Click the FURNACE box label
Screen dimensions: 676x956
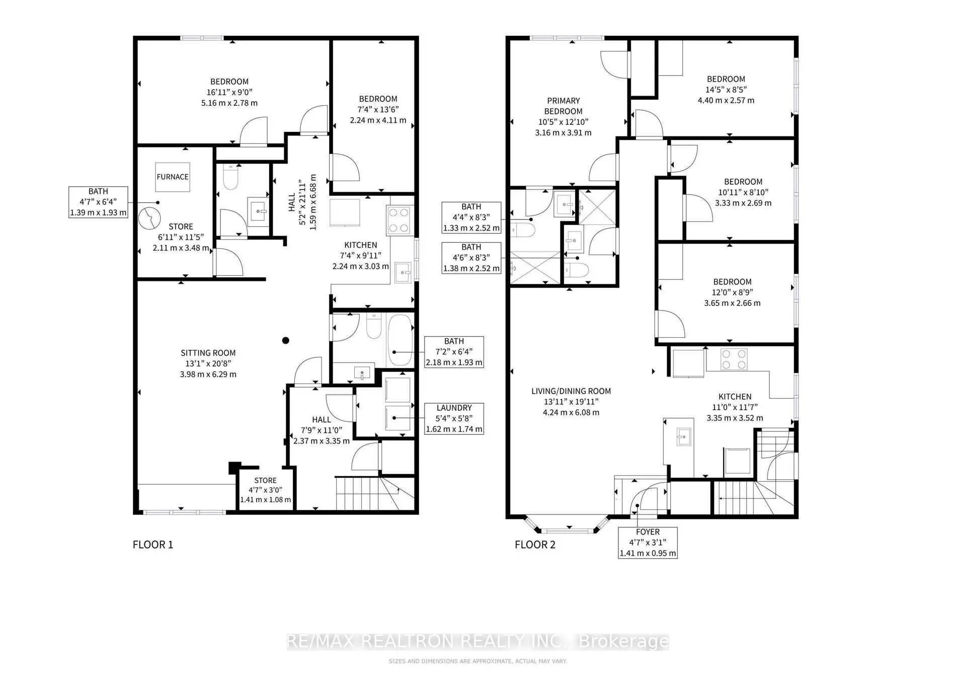point(173,177)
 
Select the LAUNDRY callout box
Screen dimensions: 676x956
point(454,418)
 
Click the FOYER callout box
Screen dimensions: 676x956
point(648,542)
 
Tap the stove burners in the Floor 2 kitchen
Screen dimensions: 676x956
point(734,359)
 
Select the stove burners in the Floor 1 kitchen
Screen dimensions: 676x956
point(399,220)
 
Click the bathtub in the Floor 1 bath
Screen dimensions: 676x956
point(400,340)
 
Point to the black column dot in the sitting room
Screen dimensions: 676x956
point(285,341)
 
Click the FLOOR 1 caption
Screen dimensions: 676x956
point(153,545)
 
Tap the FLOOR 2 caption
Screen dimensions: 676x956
point(535,545)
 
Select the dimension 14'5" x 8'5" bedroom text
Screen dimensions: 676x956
point(726,90)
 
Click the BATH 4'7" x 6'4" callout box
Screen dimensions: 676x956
point(98,202)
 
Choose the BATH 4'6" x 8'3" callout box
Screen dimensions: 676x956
point(471,258)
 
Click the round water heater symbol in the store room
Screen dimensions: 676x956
point(149,218)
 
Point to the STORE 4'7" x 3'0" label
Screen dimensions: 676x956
point(265,490)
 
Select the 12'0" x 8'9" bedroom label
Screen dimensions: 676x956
point(732,292)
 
